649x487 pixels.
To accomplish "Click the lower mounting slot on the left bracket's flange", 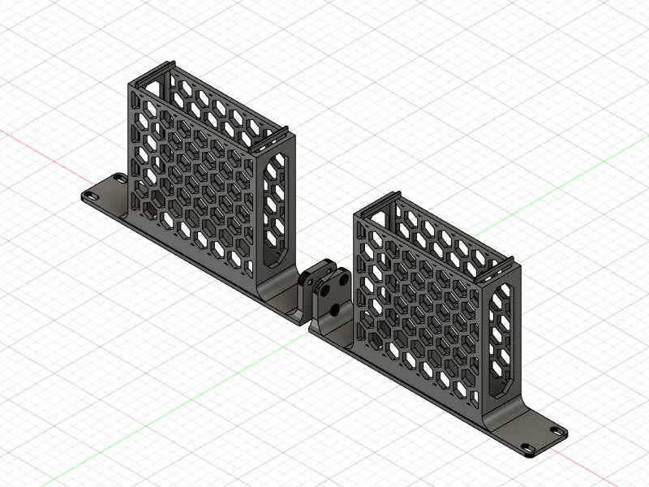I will [87, 195].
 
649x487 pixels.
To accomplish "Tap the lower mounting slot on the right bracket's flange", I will [527, 448].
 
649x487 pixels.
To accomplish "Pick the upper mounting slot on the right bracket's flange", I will [558, 431].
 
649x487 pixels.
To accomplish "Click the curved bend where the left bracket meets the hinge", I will [268, 293].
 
